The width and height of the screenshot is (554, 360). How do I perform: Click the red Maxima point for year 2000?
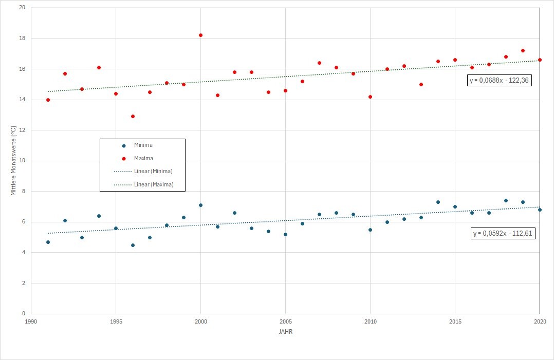[x=200, y=35]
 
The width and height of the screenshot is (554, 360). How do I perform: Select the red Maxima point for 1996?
[x=133, y=116]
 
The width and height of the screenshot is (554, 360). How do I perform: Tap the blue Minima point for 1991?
[x=48, y=242]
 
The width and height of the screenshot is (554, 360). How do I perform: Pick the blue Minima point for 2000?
[x=200, y=205]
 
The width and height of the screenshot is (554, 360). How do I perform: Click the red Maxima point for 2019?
[x=523, y=50]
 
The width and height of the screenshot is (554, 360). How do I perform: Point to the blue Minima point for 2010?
[x=370, y=230]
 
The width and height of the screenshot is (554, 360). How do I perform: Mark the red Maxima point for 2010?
[x=370, y=97]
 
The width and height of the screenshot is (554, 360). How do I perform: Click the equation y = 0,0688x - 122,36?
[x=499, y=81]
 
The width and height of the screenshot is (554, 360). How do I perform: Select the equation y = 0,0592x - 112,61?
[x=504, y=234]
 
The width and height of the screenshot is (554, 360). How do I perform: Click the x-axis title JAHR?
[x=285, y=332]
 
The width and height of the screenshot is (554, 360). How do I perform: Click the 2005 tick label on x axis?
[x=285, y=321]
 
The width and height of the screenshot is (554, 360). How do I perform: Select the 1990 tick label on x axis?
[x=31, y=321]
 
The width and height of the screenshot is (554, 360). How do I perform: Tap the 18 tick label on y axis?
[x=22, y=39]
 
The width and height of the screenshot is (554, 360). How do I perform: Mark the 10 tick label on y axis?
[x=22, y=161]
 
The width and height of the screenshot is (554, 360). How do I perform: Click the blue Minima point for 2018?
[x=506, y=200]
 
